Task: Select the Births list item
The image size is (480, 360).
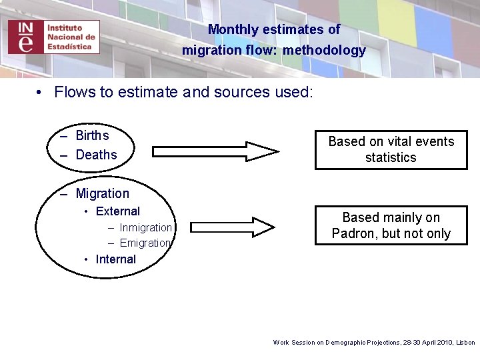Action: tap(92, 135)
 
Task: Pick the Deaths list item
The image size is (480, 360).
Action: tap(96, 155)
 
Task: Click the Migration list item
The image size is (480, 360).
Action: tap(102, 193)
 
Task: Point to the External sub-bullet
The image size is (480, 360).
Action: tap(117, 211)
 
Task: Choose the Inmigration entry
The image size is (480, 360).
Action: tap(145, 227)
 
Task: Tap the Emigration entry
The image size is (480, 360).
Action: tap(145, 243)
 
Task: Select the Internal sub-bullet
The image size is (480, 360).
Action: tap(115, 259)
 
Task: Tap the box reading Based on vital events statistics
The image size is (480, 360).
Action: tap(391, 149)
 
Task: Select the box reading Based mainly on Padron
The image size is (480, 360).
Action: tap(391, 225)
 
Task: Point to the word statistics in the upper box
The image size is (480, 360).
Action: tap(391, 157)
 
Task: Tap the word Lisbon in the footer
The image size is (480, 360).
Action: tap(465, 342)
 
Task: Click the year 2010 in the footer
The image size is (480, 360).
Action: tap(442, 342)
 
